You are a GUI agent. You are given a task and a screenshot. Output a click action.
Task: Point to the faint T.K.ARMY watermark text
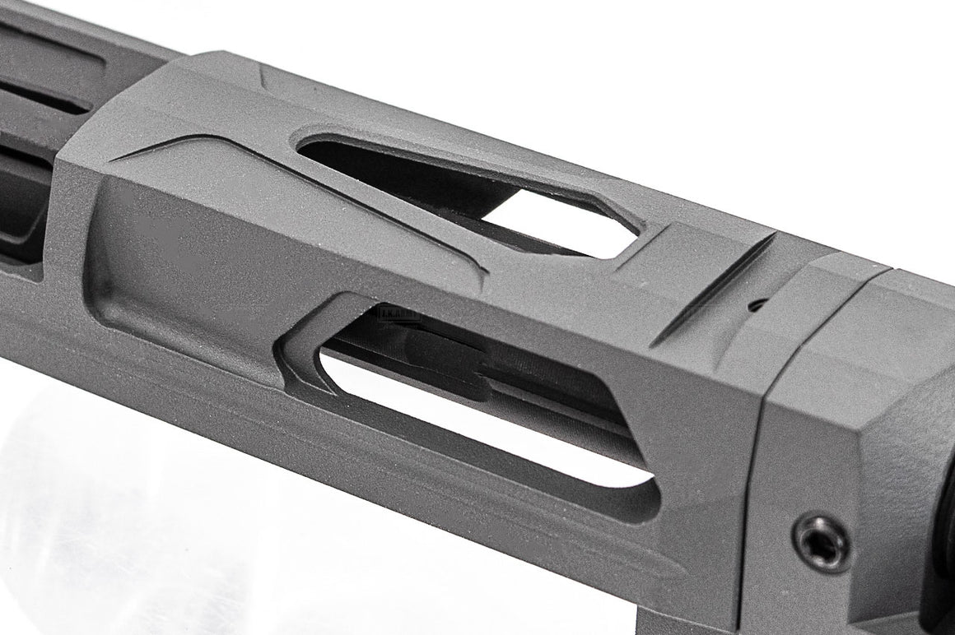(x=398, y=313)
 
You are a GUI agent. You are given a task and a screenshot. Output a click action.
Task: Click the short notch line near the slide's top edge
(x=262, y=78)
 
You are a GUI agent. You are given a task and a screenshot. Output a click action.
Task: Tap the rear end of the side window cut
(x=650, y=494)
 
